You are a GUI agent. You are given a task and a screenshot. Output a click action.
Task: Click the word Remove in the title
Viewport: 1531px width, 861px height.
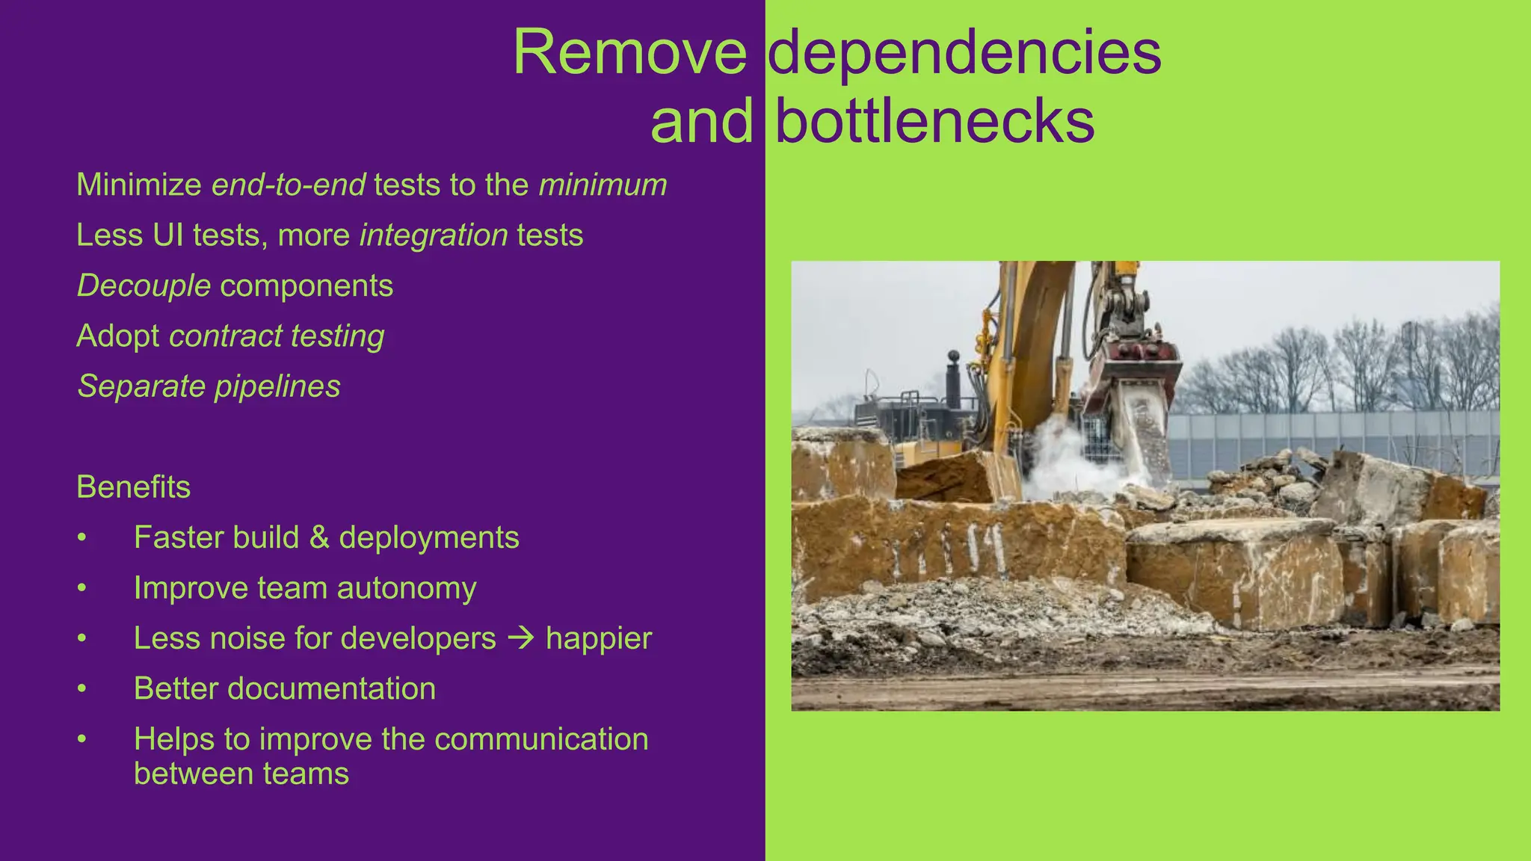pos(629,52)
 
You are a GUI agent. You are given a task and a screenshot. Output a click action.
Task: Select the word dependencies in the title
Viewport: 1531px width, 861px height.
pos(964,52)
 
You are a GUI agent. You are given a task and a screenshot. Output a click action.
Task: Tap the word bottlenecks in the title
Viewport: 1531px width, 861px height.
pos(934,121)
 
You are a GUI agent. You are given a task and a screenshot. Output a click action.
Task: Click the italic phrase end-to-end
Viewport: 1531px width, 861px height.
pos(289,185)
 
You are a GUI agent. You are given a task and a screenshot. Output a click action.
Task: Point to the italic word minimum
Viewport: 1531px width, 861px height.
pos(603,185)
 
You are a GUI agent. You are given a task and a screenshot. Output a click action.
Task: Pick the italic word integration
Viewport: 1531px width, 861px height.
pos(434,235)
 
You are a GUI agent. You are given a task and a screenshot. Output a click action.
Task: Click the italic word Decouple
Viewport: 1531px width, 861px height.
pos(144,286)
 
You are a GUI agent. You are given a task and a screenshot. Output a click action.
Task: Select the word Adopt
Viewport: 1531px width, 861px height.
pos(117,336)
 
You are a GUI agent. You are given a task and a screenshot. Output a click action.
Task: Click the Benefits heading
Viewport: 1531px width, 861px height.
pos(133,487)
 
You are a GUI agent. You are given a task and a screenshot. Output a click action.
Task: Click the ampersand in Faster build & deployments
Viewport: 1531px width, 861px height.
pos(319,537)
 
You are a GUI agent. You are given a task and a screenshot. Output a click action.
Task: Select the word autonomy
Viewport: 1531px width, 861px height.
pos(406,588)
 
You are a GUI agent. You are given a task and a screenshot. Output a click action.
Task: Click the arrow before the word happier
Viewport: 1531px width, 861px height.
pos(521,638)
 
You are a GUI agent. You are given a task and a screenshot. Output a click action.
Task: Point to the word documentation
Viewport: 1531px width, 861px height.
pos(331,688)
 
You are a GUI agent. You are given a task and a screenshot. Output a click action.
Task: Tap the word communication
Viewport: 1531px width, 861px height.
pos(540,739)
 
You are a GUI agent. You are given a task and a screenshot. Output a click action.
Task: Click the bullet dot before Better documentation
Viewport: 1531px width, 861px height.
pos(82,689)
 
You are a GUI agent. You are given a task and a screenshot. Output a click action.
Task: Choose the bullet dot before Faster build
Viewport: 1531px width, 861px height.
pos(82,538)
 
